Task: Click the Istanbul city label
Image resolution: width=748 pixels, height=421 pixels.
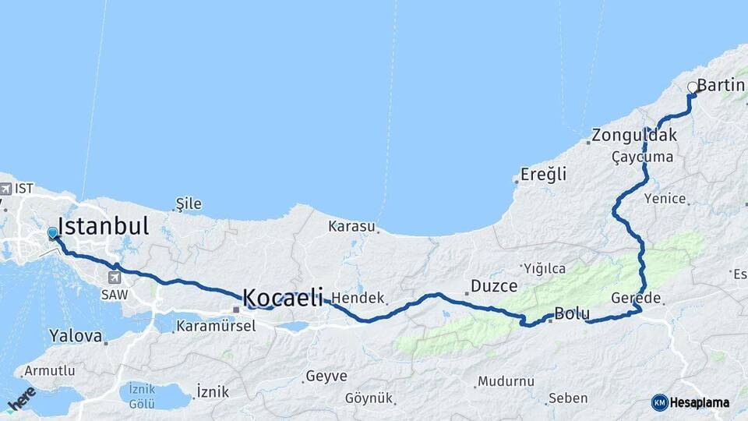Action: pos(103,227)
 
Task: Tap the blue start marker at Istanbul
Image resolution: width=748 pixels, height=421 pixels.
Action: pos(52,233)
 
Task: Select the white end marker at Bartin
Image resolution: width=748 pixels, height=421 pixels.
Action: pos(693,87)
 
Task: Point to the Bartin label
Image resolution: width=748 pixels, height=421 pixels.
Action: pos(721,85)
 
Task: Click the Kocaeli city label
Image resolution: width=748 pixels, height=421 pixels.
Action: pos(282,297)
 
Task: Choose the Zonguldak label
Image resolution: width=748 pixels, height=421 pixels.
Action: pos(634,135)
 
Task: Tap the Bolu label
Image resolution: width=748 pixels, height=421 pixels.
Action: pos(571,314)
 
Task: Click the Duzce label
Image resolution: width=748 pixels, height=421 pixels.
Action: pos(494,286)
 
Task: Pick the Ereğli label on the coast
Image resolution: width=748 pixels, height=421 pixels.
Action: pos(544,174)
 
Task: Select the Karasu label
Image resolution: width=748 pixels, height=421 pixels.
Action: pos(351,227)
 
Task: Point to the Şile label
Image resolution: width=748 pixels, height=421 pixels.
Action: pos(189,204)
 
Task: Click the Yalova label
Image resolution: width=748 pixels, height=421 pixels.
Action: pos(76,337)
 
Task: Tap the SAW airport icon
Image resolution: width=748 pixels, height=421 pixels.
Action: pos(115,278)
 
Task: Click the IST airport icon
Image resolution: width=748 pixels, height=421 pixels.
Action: pos(6,189)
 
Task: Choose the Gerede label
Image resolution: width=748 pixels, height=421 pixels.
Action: pos(636,299)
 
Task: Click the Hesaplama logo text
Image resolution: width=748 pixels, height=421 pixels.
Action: pos(698,403)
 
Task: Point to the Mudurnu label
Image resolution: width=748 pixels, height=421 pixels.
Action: pos(506,381)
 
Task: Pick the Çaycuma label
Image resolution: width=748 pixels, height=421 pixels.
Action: pos(642,157)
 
